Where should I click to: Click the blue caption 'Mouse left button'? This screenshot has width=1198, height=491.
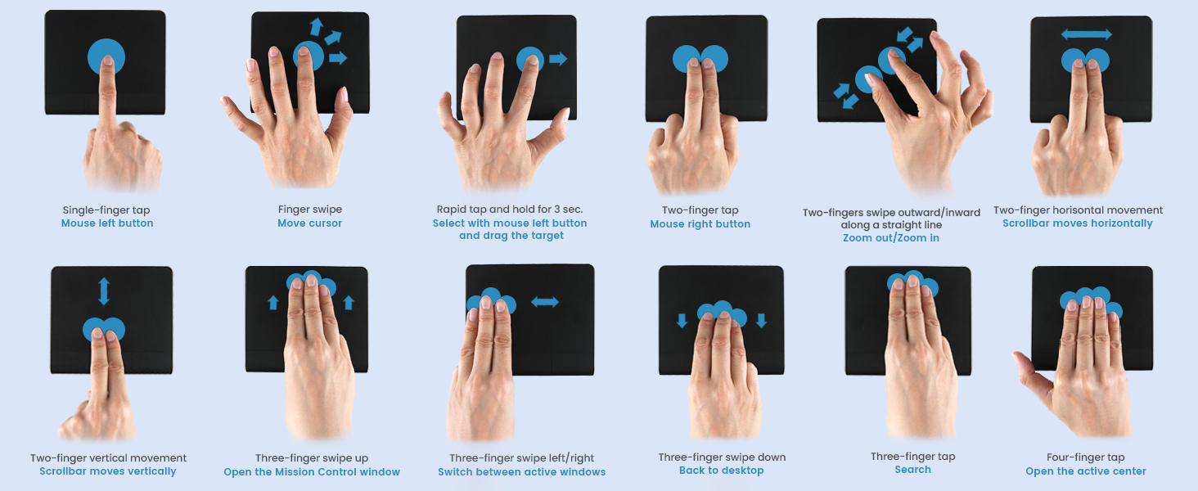click(x=107, y=223)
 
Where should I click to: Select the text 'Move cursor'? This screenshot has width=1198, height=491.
click(x=309, y=223)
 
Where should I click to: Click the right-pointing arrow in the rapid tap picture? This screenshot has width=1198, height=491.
click(x=558, y=59)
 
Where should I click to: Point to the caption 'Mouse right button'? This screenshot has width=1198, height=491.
click(x=700, y=224)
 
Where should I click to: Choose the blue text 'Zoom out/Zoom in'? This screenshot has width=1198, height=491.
click(x=890, y=238)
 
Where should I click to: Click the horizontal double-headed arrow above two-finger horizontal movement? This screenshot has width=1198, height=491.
click(x=1086, y=34)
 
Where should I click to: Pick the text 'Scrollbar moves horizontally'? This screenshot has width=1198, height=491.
click(x=1077, y=223)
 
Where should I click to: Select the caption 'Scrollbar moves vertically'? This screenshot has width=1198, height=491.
click(x=108, y=471)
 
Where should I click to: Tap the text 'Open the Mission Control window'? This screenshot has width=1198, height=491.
click(x=312, y=472)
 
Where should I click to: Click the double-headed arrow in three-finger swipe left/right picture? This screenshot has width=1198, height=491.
click(x=544, y=302)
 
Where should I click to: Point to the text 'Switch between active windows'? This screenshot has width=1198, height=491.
click(x=521, y=472)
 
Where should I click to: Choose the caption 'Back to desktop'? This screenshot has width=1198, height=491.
click(x=721, y=471)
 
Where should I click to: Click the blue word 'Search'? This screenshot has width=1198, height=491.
click(x=912, y=470)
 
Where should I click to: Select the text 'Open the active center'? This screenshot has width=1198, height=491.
click(x=1085, y=471)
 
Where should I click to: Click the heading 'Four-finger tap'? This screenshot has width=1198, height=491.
click(x=1085, y=457)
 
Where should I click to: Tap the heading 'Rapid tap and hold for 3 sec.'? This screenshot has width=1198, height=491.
click(x=509, y=209)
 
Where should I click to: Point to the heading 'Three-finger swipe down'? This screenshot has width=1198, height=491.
click(x=722, y=457)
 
